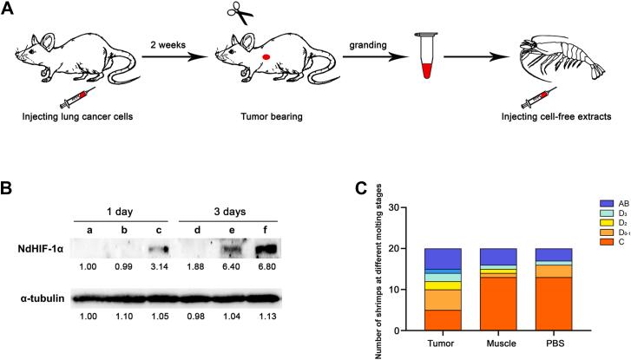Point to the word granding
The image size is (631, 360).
pyautogui.click(x=353, y=51)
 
